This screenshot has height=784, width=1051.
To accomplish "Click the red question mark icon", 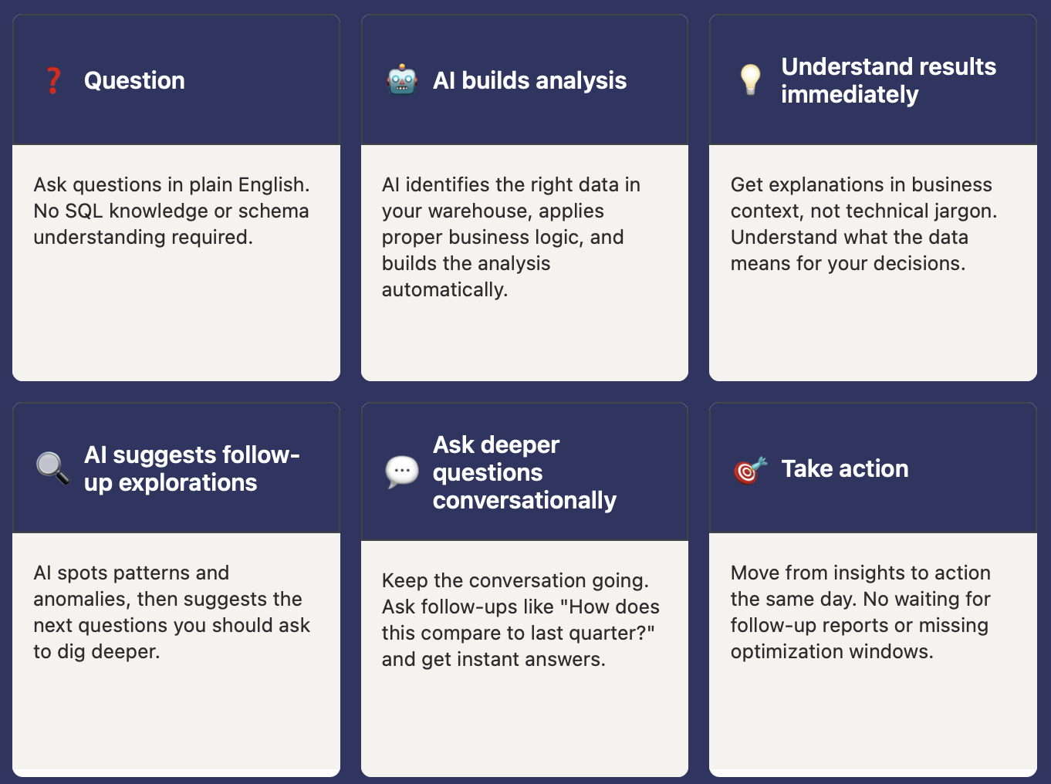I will pos(53,80).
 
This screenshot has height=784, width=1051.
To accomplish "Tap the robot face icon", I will pos(402,80).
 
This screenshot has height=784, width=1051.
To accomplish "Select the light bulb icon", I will pos(750,79).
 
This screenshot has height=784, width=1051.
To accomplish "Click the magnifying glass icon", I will pos(52,468).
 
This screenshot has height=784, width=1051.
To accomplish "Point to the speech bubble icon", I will pos(401,471).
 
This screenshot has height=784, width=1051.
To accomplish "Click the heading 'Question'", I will pos(134,80).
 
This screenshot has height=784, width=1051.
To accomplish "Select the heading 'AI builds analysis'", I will pos(529,80).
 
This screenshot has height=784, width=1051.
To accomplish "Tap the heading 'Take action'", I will pos(844,468).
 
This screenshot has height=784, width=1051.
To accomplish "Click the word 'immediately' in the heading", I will pos(849,94).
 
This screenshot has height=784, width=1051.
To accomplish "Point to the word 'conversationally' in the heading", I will pos(524,500).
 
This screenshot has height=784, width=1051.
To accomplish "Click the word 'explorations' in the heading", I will pos(188,482).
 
